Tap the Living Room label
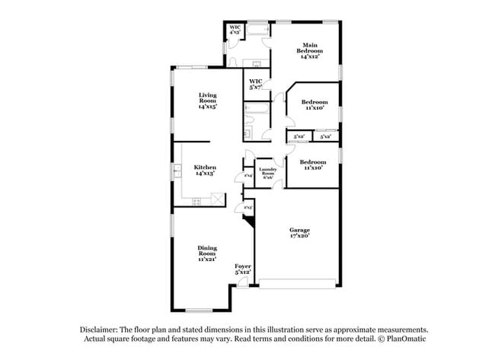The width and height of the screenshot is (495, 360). (208, 101)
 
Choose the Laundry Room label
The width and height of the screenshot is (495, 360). (267, 172)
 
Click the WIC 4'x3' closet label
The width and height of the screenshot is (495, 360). (235, 30)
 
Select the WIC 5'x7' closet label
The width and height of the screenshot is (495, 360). (256, 83)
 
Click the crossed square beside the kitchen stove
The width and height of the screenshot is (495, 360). (218, 199)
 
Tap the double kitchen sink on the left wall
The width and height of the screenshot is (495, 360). (176, 170)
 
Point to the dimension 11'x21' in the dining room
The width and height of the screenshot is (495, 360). (207, 260)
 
